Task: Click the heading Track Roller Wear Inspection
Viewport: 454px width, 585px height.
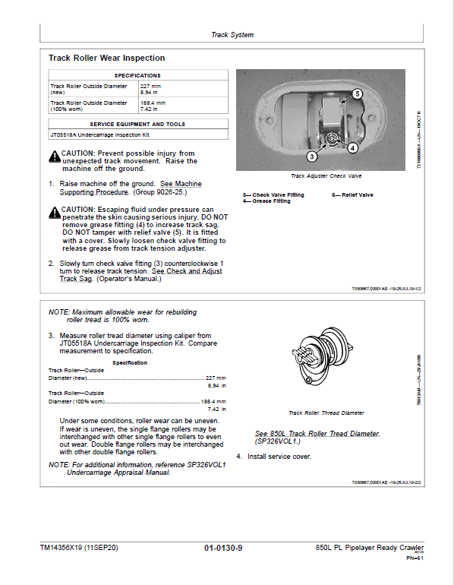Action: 106,58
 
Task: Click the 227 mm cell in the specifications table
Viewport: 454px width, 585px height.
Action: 183,89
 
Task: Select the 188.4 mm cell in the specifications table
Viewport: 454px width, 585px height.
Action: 183,106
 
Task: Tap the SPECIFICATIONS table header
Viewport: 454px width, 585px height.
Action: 138,75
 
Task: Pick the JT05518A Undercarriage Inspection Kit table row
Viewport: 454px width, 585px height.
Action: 138,134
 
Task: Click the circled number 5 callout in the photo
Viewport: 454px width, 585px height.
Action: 357,93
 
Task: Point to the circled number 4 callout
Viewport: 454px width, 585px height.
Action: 352,148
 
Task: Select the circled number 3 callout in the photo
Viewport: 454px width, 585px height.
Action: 312,157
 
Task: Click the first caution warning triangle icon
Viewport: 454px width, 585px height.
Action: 55,157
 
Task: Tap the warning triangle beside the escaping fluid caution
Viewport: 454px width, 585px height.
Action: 55,212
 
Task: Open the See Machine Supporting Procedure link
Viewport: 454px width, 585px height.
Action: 131,188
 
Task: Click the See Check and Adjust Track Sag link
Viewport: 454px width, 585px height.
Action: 140,275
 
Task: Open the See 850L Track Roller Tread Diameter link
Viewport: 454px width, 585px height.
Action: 317,434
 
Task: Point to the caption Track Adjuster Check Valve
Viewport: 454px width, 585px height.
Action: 326,175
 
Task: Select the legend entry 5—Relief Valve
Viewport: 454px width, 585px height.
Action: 352,194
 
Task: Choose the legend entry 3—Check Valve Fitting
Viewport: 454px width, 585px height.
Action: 273,194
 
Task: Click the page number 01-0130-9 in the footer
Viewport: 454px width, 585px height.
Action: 223,548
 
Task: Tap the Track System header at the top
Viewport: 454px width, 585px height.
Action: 232,35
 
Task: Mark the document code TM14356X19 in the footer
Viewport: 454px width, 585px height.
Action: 61,548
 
